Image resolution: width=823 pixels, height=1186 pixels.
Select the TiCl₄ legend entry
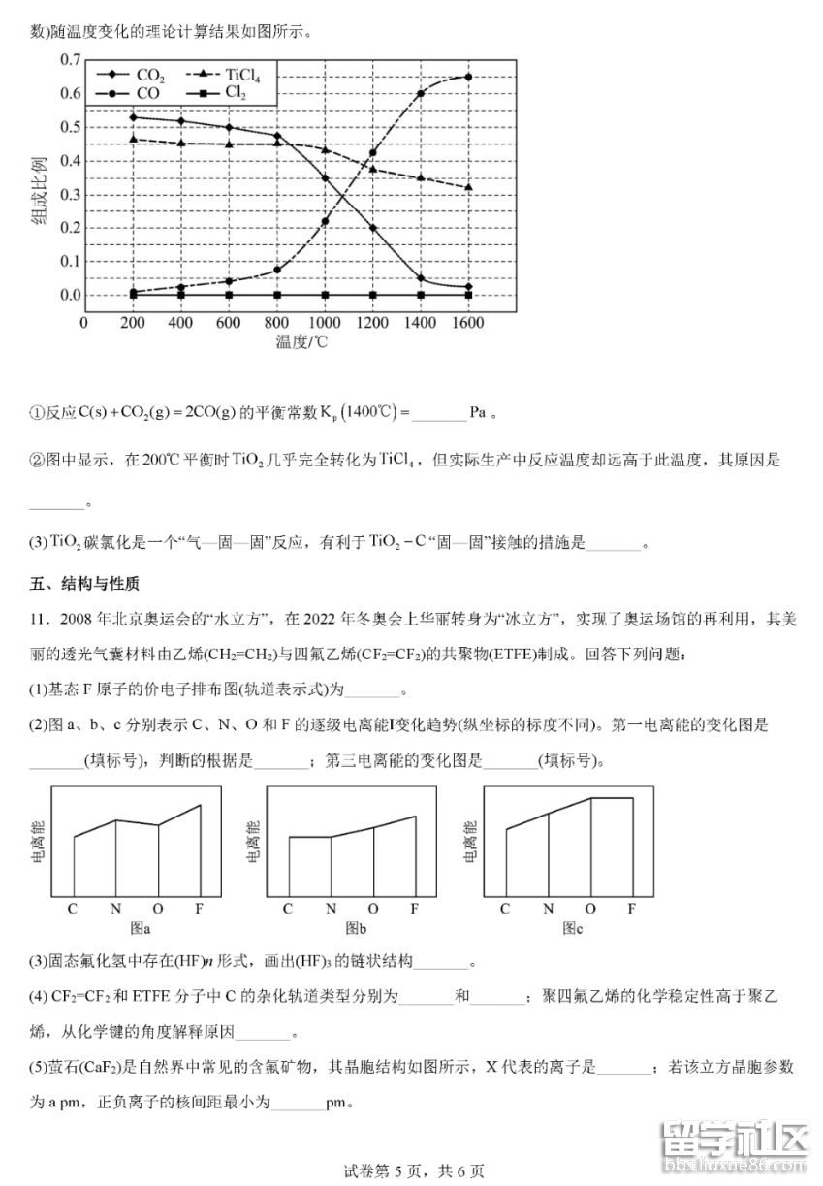coord(237,75)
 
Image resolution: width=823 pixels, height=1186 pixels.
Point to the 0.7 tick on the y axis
coord(70,60)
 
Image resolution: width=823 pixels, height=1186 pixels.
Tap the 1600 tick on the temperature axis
coord(468,323)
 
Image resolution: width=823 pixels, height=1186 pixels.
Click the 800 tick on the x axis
coord(276,323)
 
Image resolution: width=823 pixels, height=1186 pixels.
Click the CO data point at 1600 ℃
coord(468,77)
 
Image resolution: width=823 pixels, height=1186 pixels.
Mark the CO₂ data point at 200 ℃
coord(132,117)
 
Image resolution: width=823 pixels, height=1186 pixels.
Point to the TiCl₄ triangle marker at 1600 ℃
coord(468,187)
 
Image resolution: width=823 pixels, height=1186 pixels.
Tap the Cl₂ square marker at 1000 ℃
coord(325,295)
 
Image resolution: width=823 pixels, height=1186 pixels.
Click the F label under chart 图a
coord(199,909)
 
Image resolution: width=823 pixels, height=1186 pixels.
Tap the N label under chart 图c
coord(548,909)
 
